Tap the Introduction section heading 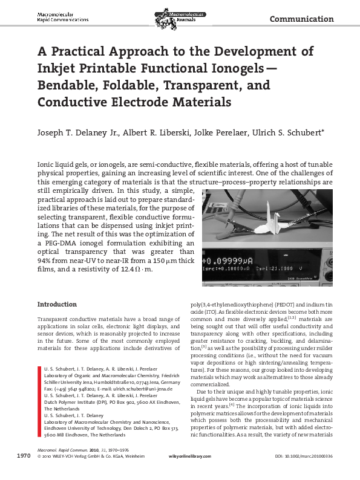click(57, 304)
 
